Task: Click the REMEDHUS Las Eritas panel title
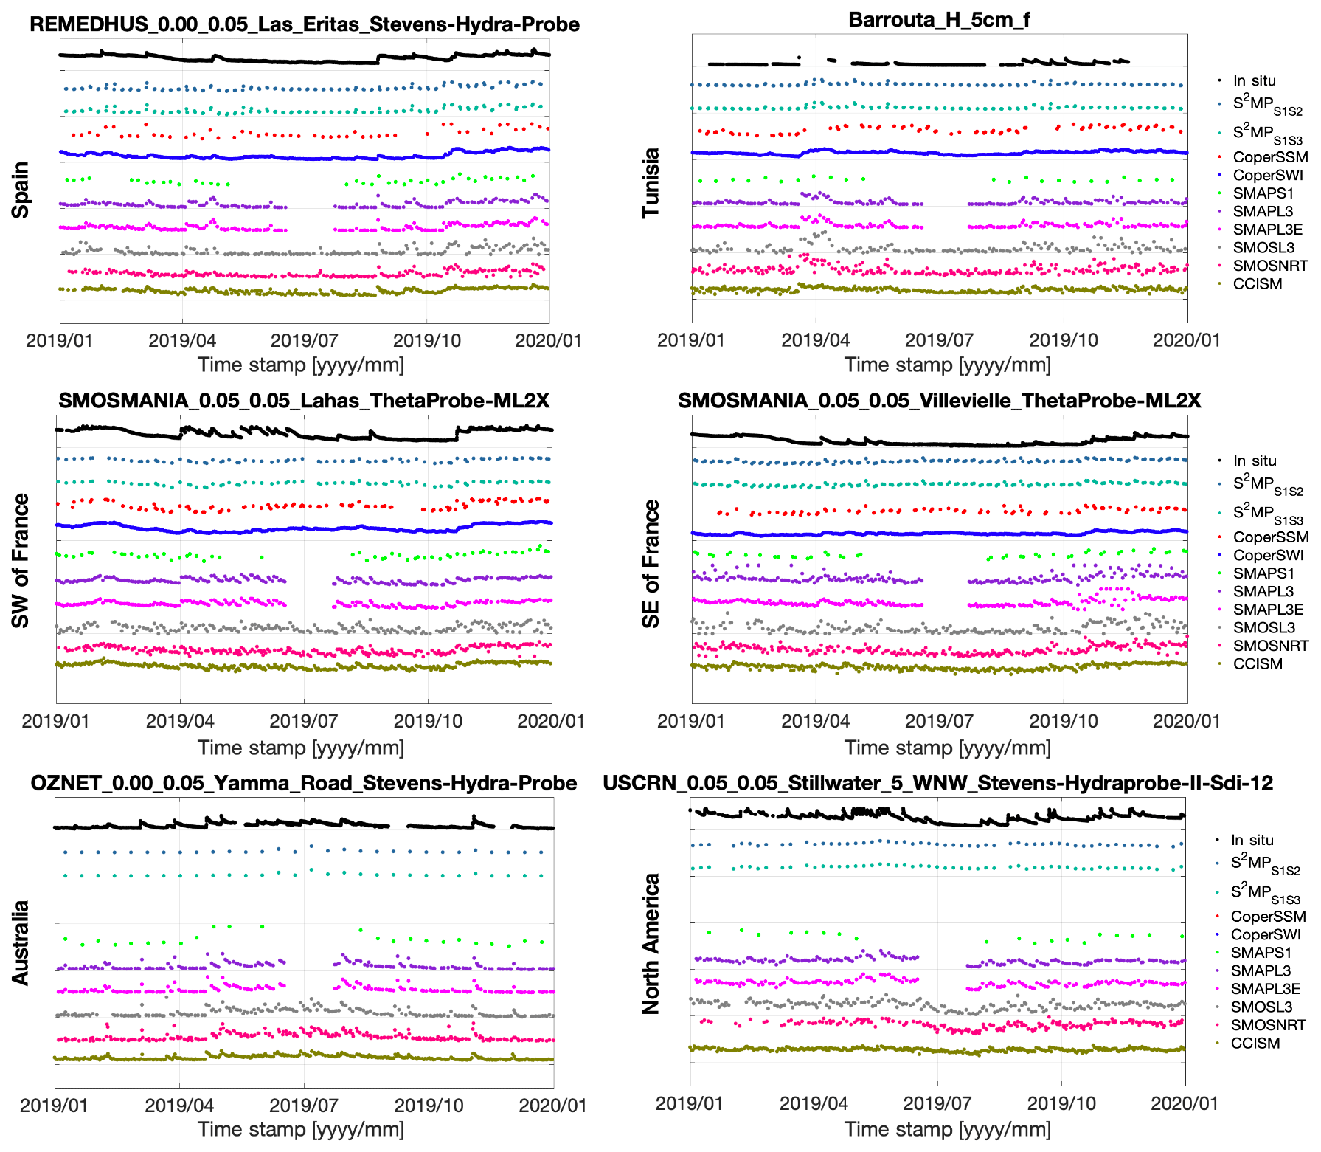tap(304, 24)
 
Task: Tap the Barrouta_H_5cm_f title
tap(938, 20)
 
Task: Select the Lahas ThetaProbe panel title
tap(304, 401)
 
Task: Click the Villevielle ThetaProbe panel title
tap(939, 401)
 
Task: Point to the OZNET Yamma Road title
tap(304, 783)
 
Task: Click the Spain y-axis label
tap(21, 190)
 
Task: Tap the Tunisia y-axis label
tap(651, 183)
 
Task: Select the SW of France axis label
tap(21, 561)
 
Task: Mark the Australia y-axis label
tap(21, 942)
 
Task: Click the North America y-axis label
tap(651, 944)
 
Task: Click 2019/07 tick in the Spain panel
tap(304, 341)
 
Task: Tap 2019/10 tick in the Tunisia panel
tap(1063, 341)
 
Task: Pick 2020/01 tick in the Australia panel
tap(552, 1106)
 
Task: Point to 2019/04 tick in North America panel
tap(814, 1104)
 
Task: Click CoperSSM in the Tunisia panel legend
tap(1270, 157)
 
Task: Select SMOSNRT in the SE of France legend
tap(1270, 646)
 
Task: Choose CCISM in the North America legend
tap(1255, 1044)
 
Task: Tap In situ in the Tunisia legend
tap(1254, 80)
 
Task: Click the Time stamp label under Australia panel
tap(301, 1129)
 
